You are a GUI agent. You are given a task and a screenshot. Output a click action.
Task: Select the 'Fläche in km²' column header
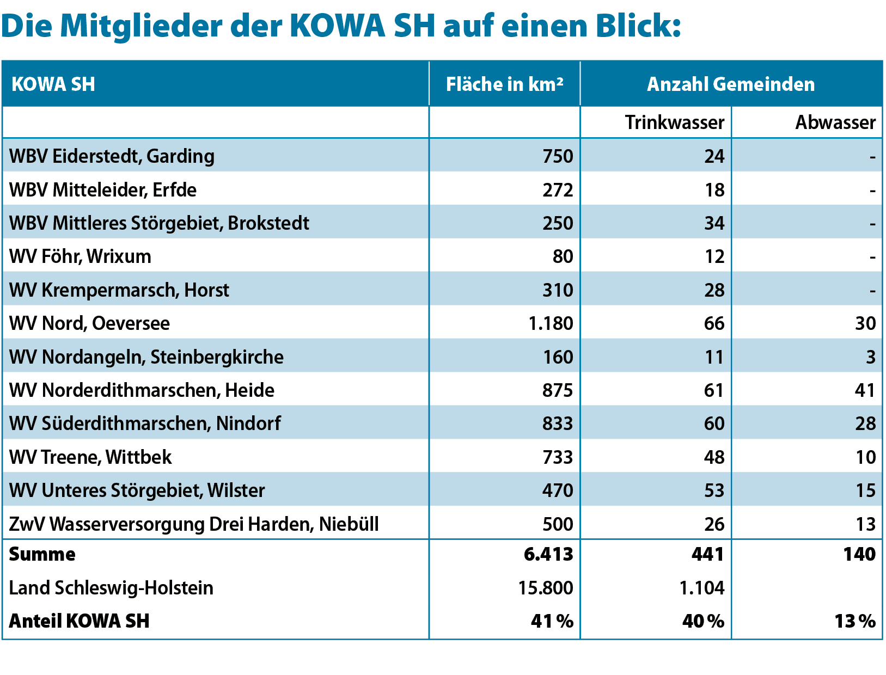pos(504,84)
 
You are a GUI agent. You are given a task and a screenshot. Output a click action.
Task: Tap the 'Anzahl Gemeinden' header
pos(731,84)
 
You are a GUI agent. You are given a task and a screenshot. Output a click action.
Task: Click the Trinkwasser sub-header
pos(674,122)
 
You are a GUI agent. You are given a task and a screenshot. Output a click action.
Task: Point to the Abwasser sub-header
pos(835,122)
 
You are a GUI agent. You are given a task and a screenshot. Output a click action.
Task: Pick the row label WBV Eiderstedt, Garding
pos(112,156)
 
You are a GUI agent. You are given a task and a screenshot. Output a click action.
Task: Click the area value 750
pos(558,156)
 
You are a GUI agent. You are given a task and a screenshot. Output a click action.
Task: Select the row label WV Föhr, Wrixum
pos(80,256)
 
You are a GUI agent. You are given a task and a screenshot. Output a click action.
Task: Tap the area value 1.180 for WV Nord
pos(551,323)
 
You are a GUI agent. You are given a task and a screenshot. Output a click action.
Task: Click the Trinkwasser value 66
pos(714,323)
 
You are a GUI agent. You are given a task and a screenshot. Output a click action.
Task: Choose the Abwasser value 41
pos(865,390)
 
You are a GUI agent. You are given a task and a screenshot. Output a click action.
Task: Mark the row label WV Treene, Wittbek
pos(90,457)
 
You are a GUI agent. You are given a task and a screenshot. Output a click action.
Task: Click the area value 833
pos(558,424)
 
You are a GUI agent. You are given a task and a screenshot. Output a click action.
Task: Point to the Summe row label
pos(42,554)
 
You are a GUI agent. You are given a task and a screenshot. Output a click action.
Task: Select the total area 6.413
pos(548,554)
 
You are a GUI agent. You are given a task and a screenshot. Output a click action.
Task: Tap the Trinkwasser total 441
pos(707,554)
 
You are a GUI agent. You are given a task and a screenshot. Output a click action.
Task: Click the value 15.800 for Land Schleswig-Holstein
pos(546,588)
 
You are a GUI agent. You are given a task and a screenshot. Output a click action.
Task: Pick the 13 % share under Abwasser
pos(855,621)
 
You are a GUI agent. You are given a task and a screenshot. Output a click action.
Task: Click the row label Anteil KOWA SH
pos(80,621)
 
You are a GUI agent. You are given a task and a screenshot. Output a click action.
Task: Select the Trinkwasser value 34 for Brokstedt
pos(714,223)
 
